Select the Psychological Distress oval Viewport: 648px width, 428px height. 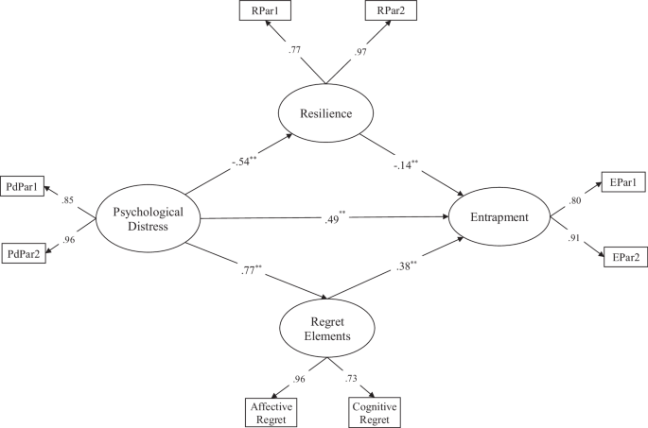pos(149,218)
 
